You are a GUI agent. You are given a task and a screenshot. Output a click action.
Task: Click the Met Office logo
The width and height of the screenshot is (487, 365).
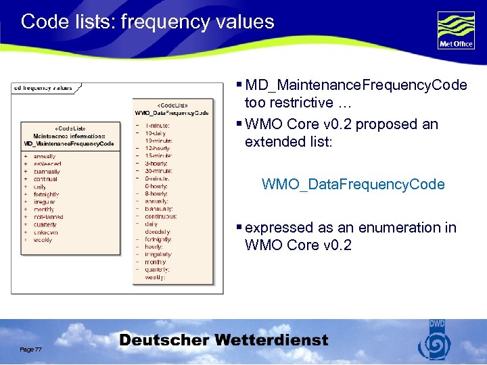point(456,30)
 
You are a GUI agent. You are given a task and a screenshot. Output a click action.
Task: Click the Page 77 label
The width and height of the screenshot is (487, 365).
point(31,349)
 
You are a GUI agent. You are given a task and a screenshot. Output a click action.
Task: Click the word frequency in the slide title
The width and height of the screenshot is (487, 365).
point(153,22)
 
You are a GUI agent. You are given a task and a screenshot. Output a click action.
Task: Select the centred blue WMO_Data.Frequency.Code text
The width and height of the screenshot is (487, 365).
point(353,184)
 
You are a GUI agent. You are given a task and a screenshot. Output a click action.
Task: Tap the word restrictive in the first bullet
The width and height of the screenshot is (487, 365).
point(299,103)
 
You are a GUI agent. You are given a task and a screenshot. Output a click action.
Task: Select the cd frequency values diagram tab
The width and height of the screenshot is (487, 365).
point(43,88)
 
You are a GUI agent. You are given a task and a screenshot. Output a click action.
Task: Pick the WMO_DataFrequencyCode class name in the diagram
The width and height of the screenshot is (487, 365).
point(172,113)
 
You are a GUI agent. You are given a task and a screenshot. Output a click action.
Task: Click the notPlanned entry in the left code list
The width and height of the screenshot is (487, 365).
point(48,217)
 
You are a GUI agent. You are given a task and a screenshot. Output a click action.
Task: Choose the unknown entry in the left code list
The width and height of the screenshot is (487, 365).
point(46,232)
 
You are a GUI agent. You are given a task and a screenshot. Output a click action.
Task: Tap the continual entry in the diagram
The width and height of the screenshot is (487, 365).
point(47,179)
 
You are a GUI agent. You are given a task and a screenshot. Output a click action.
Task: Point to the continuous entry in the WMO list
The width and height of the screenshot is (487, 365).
point(162,216)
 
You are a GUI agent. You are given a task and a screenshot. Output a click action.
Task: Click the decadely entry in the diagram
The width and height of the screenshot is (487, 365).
point(158,231)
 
